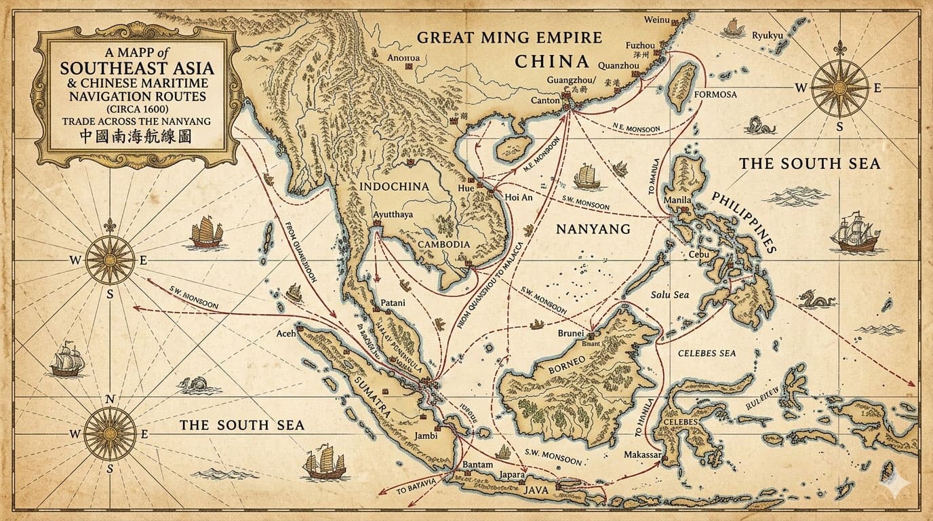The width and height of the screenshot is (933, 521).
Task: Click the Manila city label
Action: point(678,200)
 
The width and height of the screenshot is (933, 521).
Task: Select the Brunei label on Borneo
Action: point(570,333)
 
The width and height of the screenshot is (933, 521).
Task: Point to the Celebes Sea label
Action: point(707,353)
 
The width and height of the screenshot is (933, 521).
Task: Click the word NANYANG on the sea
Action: point(593,229)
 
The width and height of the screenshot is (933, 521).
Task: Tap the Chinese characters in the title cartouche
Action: point(135,136)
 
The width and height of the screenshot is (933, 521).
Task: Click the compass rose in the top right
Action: point(839,88)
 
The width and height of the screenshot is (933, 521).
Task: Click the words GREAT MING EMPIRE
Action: point(509,37)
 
